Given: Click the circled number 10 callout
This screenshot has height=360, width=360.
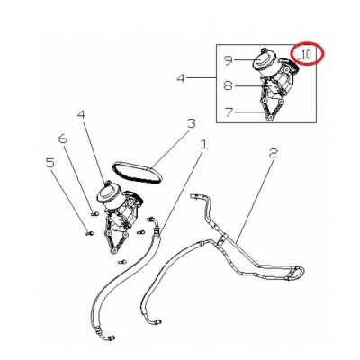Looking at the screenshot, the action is pos(306,55).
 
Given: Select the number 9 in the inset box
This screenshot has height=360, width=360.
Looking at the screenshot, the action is pos(229,60).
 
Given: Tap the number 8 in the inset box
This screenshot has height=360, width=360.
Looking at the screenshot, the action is pos(228,86).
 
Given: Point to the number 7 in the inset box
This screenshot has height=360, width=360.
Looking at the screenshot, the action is pos(229,112).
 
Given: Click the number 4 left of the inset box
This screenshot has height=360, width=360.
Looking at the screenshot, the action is pos(181,78).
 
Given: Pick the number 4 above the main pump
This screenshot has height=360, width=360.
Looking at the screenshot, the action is pos(82,115).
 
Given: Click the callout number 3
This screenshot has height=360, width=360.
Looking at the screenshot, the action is pos(192,124).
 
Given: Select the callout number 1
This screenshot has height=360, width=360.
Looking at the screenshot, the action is pos(204,145).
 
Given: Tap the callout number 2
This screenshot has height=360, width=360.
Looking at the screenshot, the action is pos(273,153).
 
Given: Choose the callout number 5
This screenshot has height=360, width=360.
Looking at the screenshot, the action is pos(50,163).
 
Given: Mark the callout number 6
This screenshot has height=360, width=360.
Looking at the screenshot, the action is pos(63,139).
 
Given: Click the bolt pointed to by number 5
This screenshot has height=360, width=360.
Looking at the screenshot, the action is pos(89,233).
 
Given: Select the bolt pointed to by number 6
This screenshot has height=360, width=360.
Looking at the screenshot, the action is pos(94,213).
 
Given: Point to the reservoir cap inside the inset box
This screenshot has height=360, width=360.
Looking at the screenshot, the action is pos(263,59).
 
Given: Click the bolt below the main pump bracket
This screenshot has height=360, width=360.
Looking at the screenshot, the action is pos(121,262).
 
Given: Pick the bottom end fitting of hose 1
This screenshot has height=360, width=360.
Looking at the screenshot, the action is pos(109,338).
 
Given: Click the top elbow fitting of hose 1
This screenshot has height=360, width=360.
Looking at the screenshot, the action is pos(153,222).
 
